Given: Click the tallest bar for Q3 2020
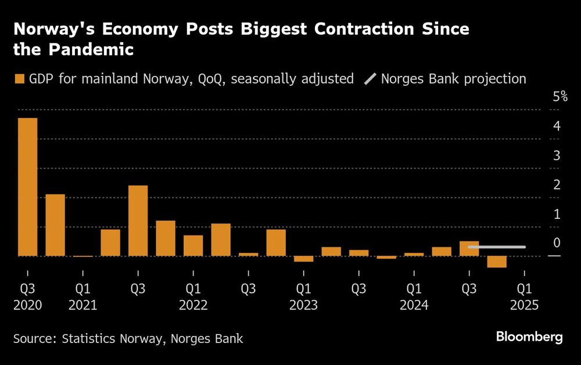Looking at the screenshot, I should coord(27,187).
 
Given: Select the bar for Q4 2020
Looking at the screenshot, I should coord(55,225).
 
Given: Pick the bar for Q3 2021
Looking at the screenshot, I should coord(138,221).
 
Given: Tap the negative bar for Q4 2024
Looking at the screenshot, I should coord(497,262).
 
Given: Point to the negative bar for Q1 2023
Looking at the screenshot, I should coord(303,259).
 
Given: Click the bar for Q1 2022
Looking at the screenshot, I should coord(193,245).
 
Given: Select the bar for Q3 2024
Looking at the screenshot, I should coord(469,248).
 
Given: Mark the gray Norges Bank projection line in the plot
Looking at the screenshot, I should coord(497,247).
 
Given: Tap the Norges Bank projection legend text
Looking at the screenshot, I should coord(453,79).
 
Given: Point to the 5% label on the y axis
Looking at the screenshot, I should coord(560,96).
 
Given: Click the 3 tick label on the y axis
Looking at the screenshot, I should coord(557,156).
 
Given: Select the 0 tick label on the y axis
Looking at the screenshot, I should coord(557,243).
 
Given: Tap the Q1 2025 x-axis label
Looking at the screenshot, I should coord(524,296).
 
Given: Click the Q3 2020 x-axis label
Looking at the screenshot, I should coord(27,296).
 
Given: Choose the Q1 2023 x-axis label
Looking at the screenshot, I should coord(303,296).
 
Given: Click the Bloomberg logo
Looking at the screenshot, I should coord(529,338).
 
